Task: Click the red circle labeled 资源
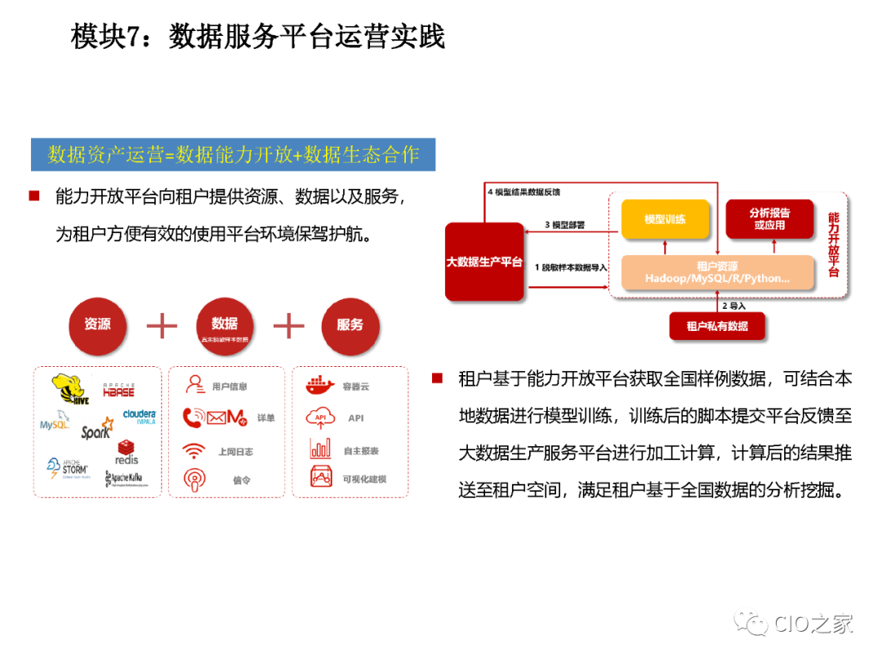(98, 324)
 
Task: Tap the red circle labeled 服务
(350, 324)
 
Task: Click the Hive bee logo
(69, 389)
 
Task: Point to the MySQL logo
(55, 425)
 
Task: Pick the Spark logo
(96, 430)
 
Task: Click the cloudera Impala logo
(139, 416)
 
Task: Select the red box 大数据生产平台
(484, 262)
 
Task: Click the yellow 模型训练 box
(665, 219)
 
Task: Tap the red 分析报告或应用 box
(769, 219)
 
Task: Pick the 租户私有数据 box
(717, 326)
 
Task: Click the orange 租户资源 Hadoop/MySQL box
(717, 273)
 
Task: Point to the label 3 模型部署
(564, 224)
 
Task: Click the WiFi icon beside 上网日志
(194, 450)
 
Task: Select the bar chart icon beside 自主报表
(321, 449)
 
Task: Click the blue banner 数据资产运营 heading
(234, 154)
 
